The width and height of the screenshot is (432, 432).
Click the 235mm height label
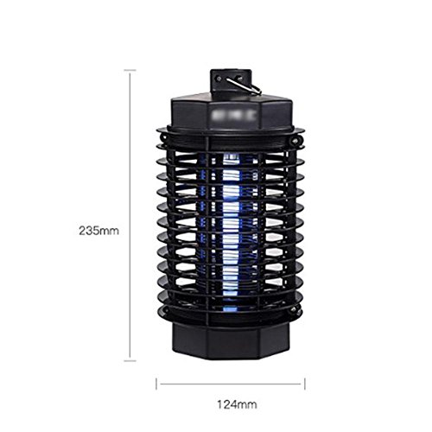(98, 231)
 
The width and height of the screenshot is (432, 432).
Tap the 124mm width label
(237, 404)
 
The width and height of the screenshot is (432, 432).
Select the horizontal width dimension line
(231, 384)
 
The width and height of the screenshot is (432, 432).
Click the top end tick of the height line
(130, 70)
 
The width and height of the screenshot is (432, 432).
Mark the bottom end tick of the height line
(130, 360)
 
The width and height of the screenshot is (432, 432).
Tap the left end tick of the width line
(156, 384)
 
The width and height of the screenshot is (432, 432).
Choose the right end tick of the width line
(305, 384)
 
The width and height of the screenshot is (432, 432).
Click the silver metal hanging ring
(245, 86)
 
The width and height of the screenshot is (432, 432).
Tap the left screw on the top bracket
(219, 79)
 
